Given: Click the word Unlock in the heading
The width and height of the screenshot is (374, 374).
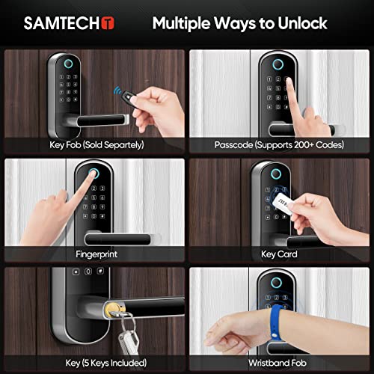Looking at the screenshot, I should click(297, 23).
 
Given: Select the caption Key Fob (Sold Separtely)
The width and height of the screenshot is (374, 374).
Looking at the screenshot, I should click(96, 144).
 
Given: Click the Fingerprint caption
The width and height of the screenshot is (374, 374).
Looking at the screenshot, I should click(96, 254).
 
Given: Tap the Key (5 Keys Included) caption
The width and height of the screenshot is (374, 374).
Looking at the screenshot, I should click(96, 364).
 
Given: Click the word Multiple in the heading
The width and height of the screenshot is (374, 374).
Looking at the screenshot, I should click(183, 23).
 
